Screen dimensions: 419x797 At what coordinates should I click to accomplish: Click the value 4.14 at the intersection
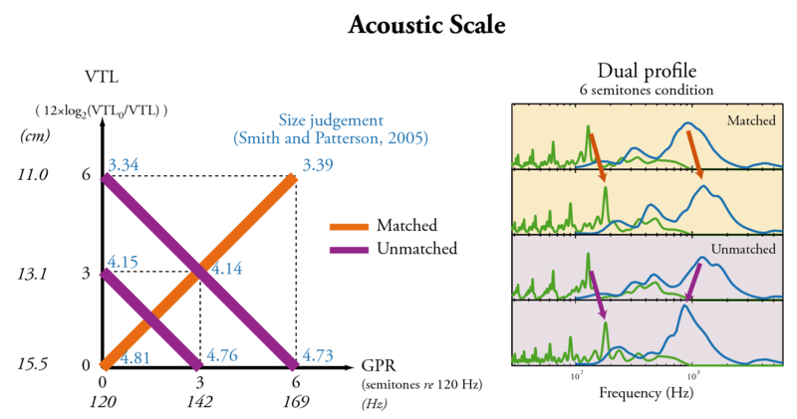pos(226,268)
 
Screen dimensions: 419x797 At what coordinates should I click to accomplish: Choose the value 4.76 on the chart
pos(222,353)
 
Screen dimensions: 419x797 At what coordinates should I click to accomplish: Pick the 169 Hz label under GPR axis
pos(295,402)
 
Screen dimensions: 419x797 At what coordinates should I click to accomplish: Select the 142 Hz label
pos(200,402)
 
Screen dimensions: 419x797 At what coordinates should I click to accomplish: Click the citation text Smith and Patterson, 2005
pos(330,137)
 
